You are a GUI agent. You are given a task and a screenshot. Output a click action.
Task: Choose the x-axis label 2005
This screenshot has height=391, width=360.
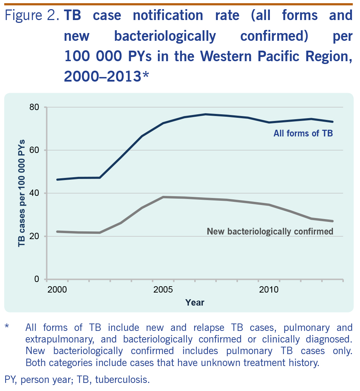163,290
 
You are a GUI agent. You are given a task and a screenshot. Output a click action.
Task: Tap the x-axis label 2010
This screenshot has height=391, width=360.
269,290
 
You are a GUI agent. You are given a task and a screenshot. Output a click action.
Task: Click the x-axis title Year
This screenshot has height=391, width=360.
195,302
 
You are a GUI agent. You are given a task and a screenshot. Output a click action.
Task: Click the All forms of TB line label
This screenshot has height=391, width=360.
303,134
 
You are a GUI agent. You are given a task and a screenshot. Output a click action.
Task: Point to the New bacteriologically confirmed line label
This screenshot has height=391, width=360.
270,231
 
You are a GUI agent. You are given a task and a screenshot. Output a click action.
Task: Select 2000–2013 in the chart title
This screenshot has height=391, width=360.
102,76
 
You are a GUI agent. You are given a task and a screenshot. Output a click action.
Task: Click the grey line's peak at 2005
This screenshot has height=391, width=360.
163,197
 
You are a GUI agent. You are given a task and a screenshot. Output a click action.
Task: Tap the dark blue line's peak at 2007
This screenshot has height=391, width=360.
205,114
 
